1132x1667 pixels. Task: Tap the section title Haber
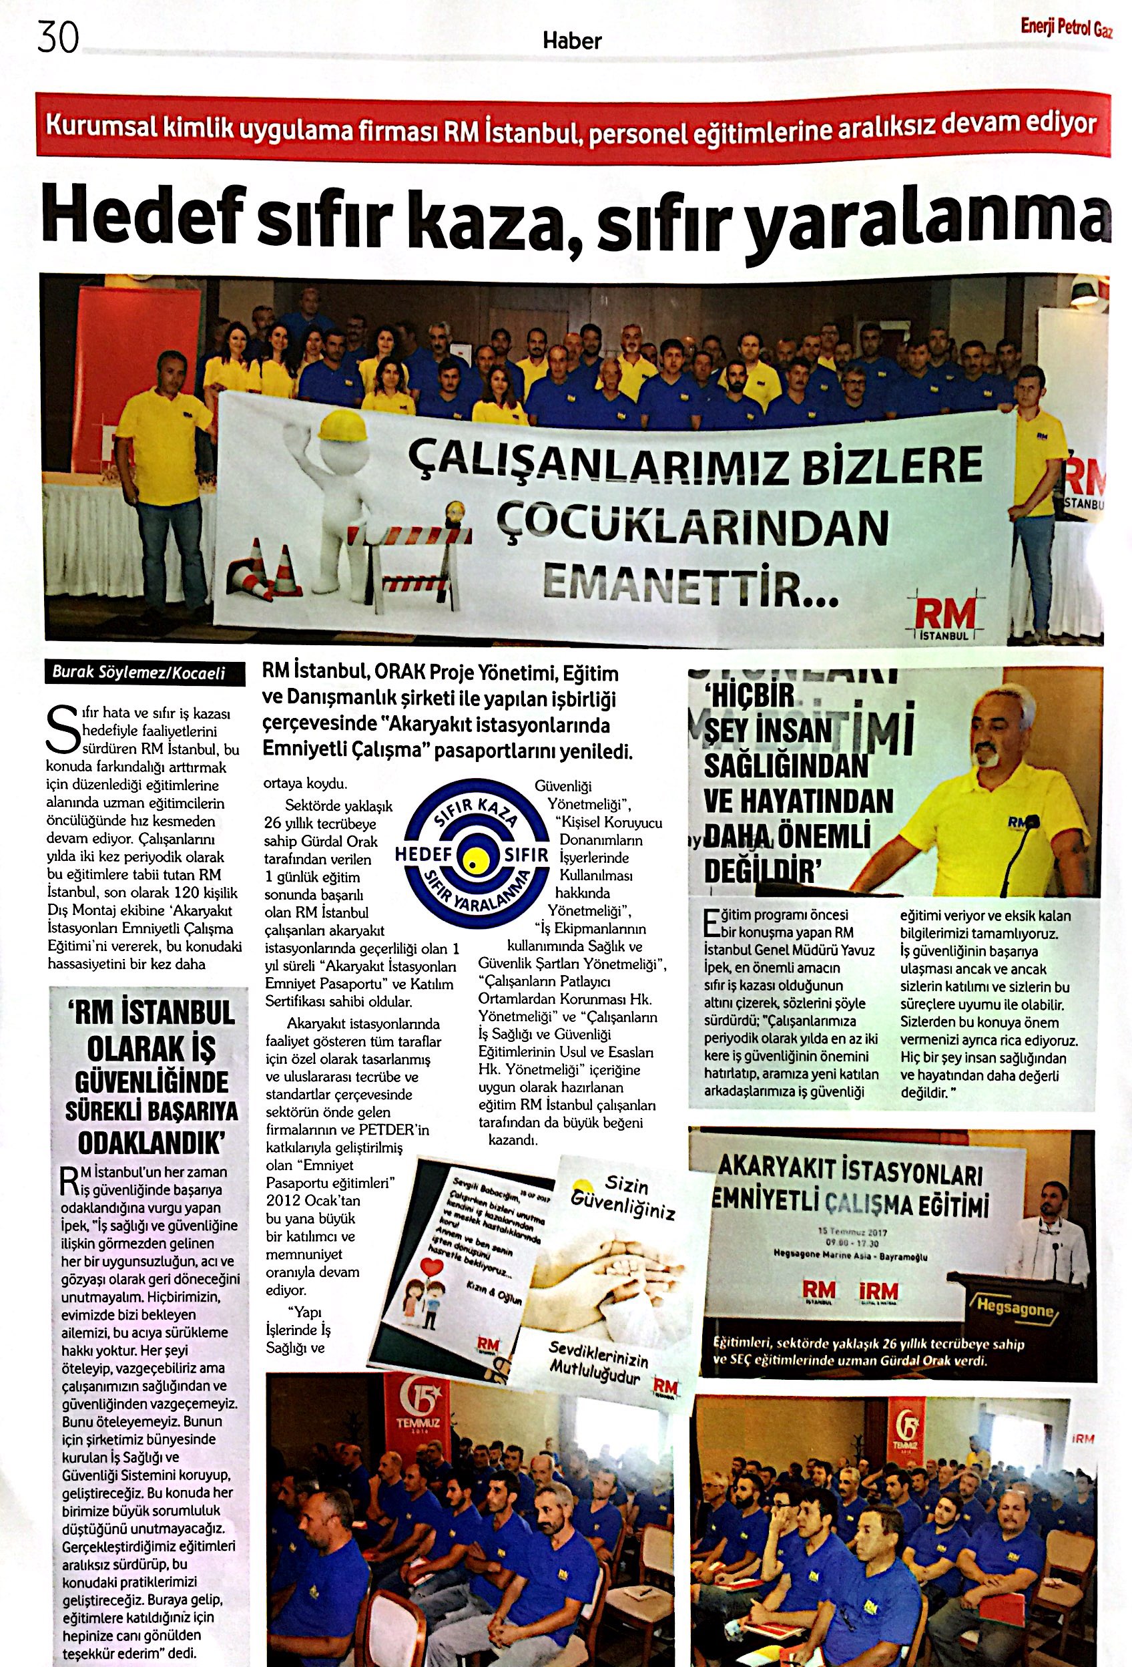click(571, 41)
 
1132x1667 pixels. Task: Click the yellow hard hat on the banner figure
click(341, 427)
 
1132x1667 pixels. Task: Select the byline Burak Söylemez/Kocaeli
click(139, 673)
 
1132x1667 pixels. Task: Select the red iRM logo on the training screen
click(878, 1290)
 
